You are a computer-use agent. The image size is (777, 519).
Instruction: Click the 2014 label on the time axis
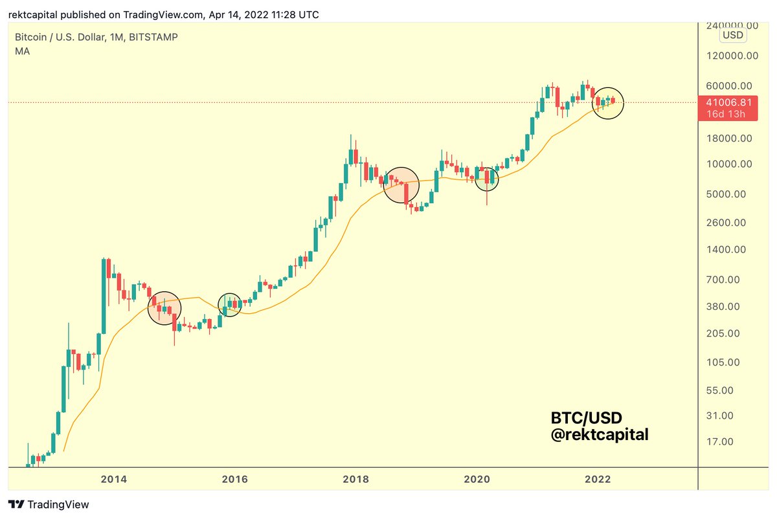click(x=113, y=480)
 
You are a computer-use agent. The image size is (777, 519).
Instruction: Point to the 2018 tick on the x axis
click(x=355, y=480)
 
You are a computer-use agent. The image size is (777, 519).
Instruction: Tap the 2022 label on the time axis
click(x=598, y=480)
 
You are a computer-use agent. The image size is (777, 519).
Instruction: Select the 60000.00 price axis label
click(x=729, y=85)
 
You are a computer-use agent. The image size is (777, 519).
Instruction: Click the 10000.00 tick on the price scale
click(x=729, y=164)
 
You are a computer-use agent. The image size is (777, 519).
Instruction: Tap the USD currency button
click(x=732, y=34)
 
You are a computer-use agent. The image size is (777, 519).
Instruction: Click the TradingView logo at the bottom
click(x=49, y=505)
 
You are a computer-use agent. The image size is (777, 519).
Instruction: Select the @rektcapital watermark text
click(x=600, y=435)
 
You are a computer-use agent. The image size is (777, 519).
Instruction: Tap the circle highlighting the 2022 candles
click(x=609, y=103)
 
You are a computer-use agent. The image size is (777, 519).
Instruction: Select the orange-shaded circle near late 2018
click(x=401, y=185)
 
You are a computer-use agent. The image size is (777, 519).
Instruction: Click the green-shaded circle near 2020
click(x=487, y=179)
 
